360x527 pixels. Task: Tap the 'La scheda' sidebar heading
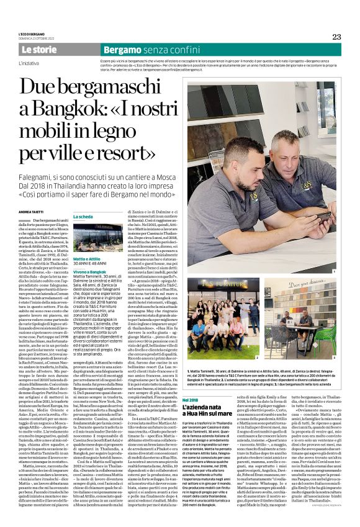tap(84, 217)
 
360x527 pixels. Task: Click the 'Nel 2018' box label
tap(192, 382)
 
